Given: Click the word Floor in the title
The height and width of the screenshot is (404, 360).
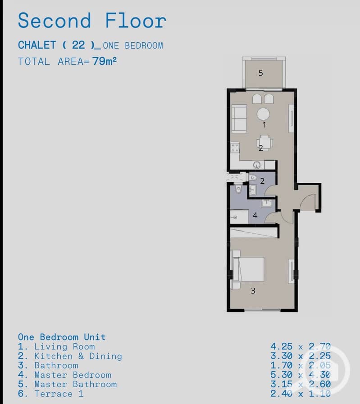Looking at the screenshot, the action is [136, 20].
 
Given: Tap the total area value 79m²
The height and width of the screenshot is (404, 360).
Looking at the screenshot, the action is [105, 61].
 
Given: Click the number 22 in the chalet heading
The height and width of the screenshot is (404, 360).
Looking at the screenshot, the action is [78, 45].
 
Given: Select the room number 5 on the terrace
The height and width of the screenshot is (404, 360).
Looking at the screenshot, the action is [260, 73].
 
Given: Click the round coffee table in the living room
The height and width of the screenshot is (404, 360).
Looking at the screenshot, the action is [263, 114].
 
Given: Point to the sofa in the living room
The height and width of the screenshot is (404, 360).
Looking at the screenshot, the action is [239, 118].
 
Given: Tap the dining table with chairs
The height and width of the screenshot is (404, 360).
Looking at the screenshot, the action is [264, 143].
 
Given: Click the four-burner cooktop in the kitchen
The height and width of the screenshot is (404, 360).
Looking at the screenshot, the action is [235, 148].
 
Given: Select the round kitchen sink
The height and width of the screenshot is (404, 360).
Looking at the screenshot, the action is [256, 165].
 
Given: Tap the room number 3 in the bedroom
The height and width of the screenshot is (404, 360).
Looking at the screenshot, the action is [253, 291].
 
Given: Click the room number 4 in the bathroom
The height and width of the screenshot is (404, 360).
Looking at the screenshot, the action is [255, 215].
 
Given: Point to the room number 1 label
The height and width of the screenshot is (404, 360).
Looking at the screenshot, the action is [264, 125].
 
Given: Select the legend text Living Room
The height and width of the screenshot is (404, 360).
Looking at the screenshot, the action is [65, 346].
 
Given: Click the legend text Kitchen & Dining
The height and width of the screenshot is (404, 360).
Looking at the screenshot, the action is [78, 356].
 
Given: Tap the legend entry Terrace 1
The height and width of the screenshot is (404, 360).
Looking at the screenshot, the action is [59, 394].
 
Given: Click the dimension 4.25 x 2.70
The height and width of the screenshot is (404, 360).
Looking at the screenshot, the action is [301, 346].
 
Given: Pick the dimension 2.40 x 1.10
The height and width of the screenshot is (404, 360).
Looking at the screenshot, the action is [301, 394].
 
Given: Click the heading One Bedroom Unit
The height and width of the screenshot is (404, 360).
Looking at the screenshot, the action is [62, 337].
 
